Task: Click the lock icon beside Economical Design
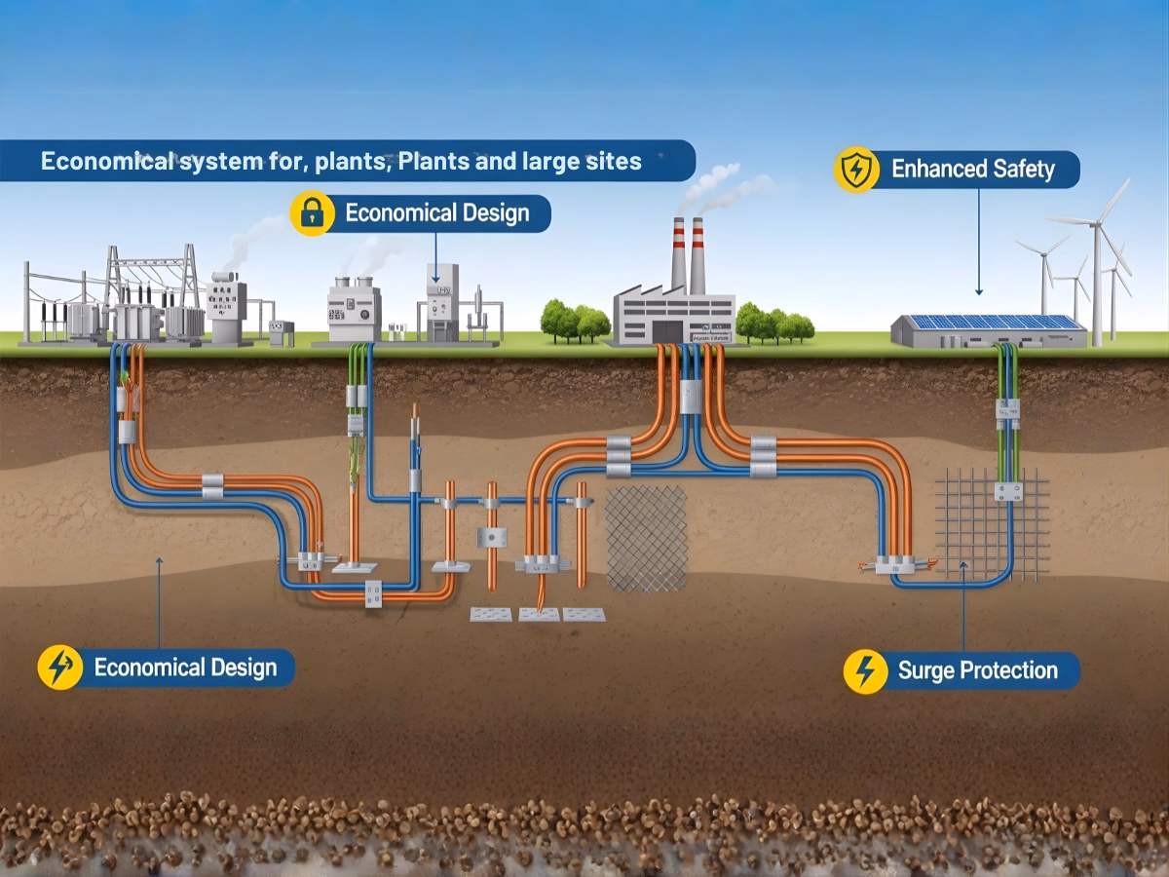coord(312,212)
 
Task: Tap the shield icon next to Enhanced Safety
coord(856,170)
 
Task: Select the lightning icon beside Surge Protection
coord(865,670)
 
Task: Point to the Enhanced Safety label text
coord(972,170)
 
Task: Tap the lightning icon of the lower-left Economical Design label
coord(59,667)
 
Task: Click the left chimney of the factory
coord(678,255)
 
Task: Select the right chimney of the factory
coord(698,255)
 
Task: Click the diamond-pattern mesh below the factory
coord(646,538)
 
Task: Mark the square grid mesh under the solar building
coord(992,524)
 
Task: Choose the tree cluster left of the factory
coord(575,322)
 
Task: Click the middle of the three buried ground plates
coord(539,614)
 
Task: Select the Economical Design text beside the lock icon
coord(436,212)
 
